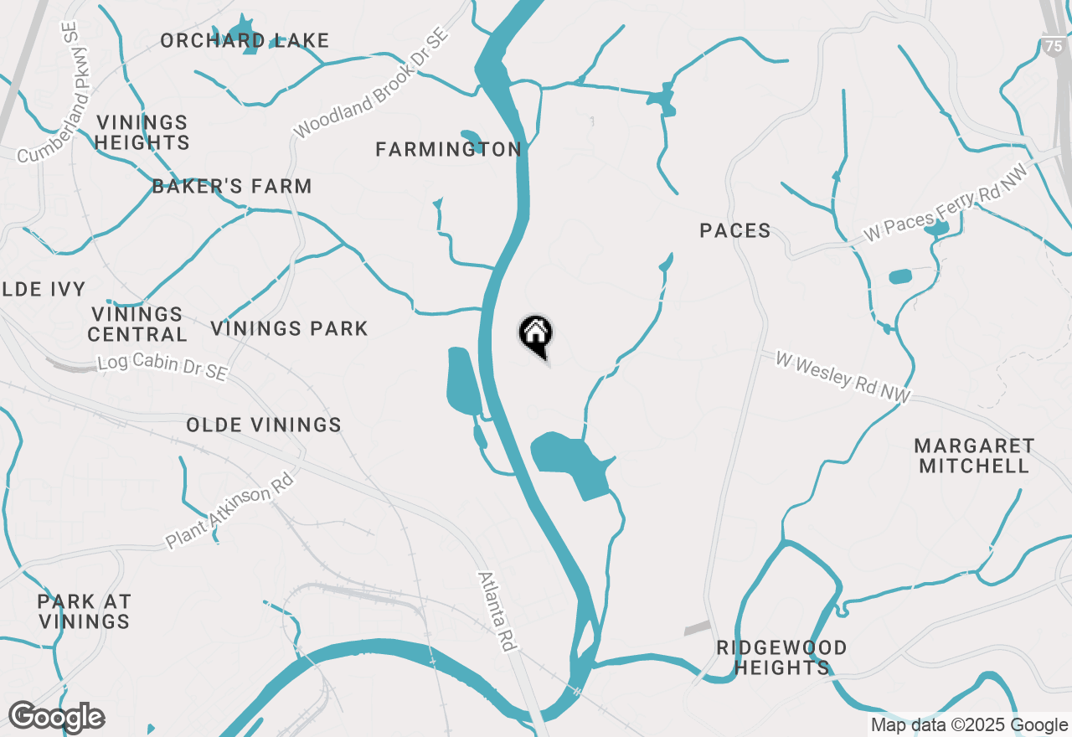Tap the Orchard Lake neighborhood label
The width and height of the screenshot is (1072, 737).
245,40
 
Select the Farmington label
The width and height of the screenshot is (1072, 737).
448,149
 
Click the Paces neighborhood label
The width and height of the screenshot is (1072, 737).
734,230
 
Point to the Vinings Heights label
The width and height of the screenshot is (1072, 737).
142,132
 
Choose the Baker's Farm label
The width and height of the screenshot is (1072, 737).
232,186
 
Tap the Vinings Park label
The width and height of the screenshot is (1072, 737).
289,328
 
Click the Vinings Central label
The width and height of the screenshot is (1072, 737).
138,324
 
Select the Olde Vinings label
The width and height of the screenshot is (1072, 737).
264,425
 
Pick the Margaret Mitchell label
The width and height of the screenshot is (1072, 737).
974,456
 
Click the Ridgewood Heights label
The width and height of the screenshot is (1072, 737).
781,657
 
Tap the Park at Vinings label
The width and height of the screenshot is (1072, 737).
85,611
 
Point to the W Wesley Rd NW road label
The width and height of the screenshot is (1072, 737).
842,379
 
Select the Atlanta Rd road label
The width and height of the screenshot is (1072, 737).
497,611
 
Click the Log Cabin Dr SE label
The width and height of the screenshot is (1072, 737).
162,367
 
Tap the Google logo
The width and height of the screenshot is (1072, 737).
56,717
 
